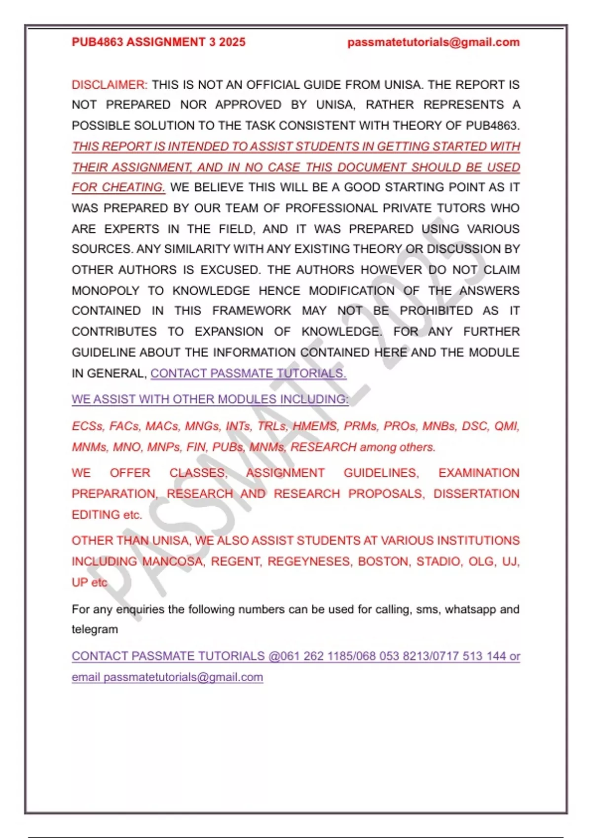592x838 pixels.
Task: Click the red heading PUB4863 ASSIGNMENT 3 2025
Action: (158, 42)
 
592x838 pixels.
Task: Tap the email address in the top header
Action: (433, 42)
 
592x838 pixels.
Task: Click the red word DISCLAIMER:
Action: (110, 85)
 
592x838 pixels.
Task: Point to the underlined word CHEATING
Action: (134, 188)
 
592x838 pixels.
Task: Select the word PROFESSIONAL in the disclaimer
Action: (332, 208)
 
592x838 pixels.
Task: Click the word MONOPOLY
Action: (106, 291)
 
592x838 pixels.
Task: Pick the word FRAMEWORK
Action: (252, 311)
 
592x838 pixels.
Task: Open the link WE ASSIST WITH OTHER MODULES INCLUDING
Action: (210, 399)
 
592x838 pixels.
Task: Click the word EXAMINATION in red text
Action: (479, 473)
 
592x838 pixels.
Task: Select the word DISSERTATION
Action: (476, 494)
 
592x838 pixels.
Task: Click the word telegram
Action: (95, 629)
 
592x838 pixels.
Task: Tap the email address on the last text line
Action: (183, 677)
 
